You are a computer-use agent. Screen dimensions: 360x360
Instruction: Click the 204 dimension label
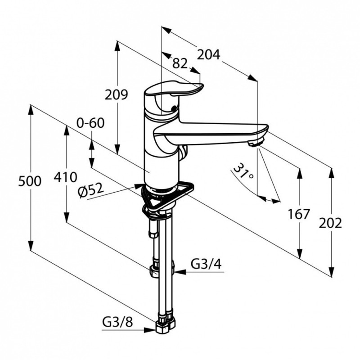208,55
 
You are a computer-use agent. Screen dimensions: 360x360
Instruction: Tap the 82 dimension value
180,63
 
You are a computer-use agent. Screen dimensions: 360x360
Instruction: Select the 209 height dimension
116,94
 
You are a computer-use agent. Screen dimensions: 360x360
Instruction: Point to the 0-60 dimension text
90,123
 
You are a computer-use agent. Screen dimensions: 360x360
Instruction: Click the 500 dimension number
30,181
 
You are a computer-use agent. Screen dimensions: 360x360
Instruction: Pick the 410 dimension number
65,177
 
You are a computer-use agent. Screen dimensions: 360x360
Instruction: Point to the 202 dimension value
330,223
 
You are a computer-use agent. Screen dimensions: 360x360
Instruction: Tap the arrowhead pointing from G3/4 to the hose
180,272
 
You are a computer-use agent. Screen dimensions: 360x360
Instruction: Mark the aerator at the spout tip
255,143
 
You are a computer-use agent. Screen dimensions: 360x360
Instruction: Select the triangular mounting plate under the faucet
167,196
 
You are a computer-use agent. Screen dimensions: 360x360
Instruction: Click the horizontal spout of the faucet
211,134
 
